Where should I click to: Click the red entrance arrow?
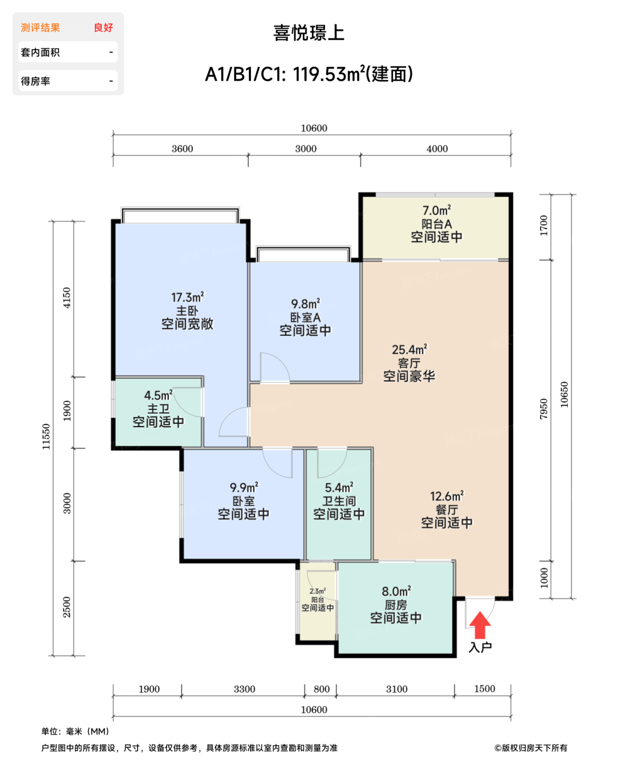point(479,625)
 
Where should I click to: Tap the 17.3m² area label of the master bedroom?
point(187,297)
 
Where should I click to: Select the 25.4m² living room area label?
point(409,349)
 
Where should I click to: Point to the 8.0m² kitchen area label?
point(396,591)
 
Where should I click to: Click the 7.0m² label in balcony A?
point(436,210)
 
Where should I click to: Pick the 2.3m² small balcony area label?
point(317,591)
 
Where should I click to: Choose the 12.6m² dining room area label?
point(446,496)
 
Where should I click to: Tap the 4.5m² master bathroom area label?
point(158,395)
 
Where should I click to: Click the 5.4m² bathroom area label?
point(339,487)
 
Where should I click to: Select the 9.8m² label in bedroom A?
point(305,304)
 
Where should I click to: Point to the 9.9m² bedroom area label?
point(244,487)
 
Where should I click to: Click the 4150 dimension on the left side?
point(67,298)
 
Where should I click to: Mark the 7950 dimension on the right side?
point(543,409)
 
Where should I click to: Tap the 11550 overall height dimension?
point(46,437)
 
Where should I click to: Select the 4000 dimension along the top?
point(437,149)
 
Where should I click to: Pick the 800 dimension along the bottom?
point(321,689)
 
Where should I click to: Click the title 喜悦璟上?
point(309,33)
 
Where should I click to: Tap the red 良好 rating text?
point(103,28)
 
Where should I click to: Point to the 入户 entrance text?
point(480,647)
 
